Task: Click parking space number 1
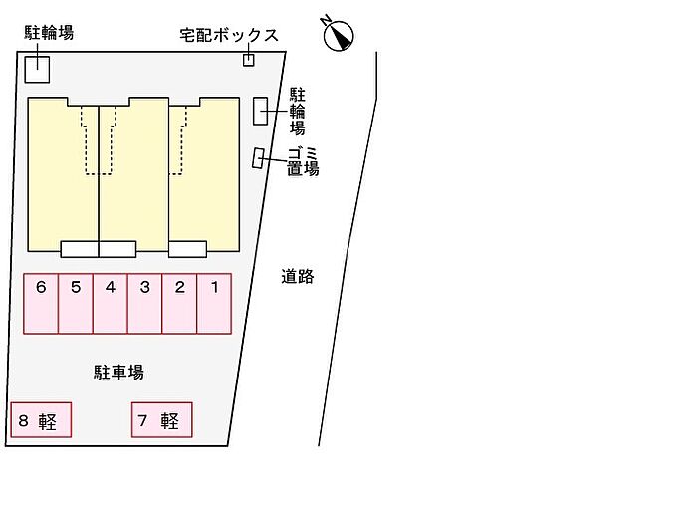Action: tap(214, 304)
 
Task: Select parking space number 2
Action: tap(179, 304)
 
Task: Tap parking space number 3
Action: tap(144, 304)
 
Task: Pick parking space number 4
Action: tap(110, 304)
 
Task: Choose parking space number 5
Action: tap(76, 304)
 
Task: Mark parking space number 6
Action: tap(41, 304)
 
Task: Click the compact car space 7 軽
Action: tap(161, 420)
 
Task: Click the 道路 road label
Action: tap(297, 277)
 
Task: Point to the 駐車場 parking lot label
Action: tap(119, 372)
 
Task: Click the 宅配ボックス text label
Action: tap(228, 35)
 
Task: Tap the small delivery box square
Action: tap(249, 60)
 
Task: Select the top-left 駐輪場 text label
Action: tap(49, 33)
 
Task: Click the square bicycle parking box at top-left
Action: tap(37, 69)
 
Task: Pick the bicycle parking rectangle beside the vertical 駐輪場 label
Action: tap(260, 111)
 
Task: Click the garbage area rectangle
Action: tap(259, 158)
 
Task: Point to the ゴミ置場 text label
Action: tap(303, 160)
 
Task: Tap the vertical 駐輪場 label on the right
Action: tap(297, 111)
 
